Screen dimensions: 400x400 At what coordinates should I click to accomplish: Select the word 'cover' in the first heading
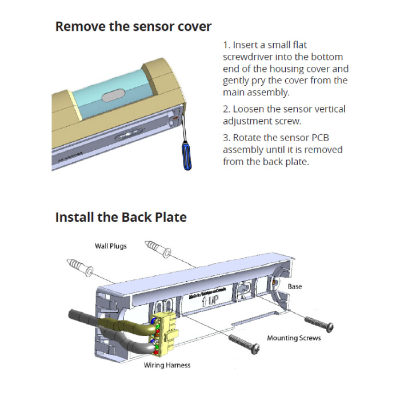pos(193,26)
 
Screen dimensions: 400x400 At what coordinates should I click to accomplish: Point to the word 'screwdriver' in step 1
pos(249,57)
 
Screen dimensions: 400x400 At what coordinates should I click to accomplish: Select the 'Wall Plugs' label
pos(111,246)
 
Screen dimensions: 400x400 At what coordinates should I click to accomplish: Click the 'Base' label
pos(295,286)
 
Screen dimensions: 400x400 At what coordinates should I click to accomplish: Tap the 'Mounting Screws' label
pos(294,338)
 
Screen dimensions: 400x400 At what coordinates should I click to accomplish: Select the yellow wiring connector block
pos(162,333)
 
